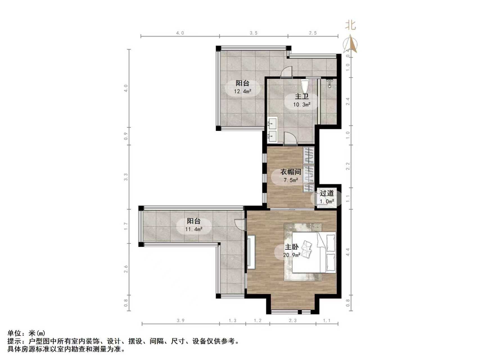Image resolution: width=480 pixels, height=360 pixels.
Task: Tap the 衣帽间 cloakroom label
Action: (291, 172)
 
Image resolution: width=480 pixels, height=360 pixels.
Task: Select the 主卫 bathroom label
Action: (302, 97)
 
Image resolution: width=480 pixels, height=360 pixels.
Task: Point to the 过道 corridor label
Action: (327, 193)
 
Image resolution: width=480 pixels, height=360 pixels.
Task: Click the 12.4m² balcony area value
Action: (242, 91)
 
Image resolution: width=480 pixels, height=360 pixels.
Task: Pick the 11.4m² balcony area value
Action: (194, 229)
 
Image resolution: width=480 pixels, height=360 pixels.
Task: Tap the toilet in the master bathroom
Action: (305, 85)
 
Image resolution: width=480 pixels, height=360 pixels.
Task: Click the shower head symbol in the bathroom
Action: (330, 82)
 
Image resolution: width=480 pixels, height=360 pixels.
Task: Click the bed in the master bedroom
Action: (314, 252)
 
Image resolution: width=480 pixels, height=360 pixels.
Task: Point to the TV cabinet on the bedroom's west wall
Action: (251, 252)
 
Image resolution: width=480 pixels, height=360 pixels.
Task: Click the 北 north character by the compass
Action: (350, 25)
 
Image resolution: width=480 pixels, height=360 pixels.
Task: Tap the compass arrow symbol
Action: (350, 44)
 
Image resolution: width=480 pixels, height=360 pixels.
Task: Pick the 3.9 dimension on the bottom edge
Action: (181, 320)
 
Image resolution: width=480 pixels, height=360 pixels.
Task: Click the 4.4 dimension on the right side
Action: (348, 252)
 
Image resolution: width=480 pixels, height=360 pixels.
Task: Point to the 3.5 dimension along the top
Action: (253, 33)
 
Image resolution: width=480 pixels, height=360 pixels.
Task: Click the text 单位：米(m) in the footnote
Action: (26, 333)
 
